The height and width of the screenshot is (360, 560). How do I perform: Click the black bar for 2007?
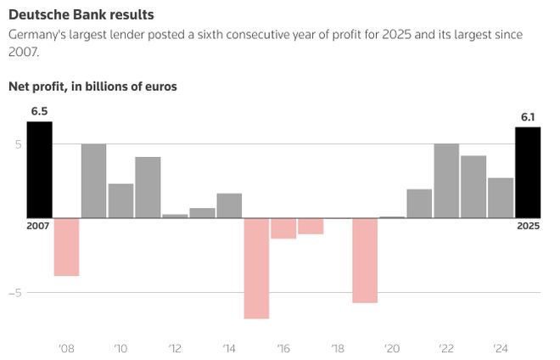pyautogui.click(x=39, y=169)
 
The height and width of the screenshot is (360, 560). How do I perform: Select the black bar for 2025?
pyautogui.click(x=528, y=172)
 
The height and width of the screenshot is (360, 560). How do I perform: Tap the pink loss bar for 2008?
pyautogui.click(x=66, y=246)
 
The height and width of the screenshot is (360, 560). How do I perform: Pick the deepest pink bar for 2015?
pyautogui.click(x=256, y=267)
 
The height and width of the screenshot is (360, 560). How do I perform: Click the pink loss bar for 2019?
pyautogui.click(x=365, y=260)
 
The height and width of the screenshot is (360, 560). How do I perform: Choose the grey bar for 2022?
pyautogui.click(x=446, y=180)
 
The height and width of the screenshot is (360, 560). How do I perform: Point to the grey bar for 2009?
pyautogui.click(x=93, y=180)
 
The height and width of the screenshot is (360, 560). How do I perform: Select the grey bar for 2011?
pyautogui.click(x=148, y=187)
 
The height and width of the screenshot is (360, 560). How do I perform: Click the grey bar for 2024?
pyautogui.click(x=501, y=197)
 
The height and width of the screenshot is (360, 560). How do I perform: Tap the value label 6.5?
pyautogui.click(x=39, y=111)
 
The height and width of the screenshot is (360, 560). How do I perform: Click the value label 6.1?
pyautogui.click(x=528, y=116)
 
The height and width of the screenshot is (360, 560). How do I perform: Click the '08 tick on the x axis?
pyautogui.click(x=66, y=347)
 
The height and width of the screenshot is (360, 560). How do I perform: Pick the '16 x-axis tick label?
pyautogui.click(x=283, y=347)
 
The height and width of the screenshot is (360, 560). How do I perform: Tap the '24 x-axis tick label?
pyautogui.click(x=501, y=347)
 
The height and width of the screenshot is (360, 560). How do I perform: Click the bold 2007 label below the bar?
pyautogui.click(x=39, y=226)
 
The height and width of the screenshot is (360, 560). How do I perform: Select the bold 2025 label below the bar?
pyautogui.click(x=528, y=226)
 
